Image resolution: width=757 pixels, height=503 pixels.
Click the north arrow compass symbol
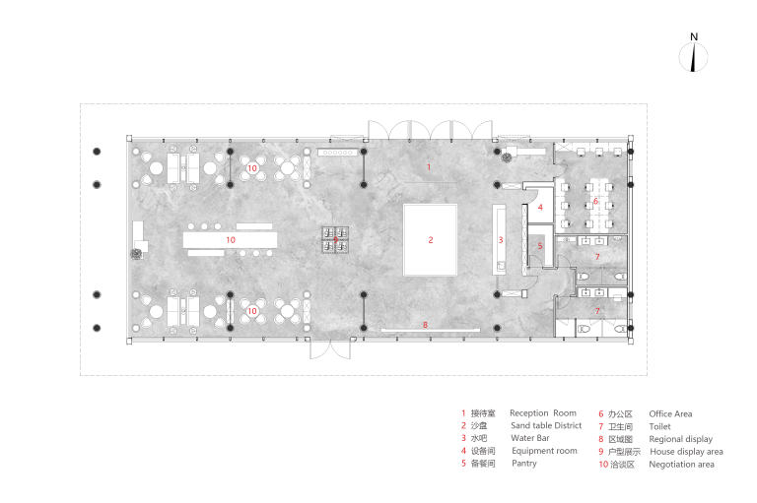(x=693, y=57)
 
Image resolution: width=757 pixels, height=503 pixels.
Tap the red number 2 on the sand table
(x=431, y=239)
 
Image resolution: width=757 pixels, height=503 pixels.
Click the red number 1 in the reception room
(x=428, y=167)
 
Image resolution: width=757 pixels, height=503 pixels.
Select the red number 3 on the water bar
(x=501, y=239)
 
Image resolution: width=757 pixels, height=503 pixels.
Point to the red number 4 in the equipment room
(x=540, y=207)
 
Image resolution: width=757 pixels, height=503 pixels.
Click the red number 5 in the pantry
(x=540, y=246)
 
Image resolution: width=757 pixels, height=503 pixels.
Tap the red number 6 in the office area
(x=595, y=201)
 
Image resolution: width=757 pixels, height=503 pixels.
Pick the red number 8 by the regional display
(x=426, y=325)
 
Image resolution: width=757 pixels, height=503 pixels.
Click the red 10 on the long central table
(x=231, y=239)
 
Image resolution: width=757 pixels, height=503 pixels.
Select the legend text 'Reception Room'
(x=543, y=413)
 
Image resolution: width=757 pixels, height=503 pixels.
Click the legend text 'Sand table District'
(x=546, y=425)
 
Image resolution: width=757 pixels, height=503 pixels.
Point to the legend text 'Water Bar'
(x=530, y=438)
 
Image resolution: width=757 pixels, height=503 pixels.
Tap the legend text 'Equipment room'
(x=544, y=451)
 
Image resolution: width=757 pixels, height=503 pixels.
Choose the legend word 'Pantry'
(x=524, y=464)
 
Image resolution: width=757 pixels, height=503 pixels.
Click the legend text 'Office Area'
(x=670, y=413)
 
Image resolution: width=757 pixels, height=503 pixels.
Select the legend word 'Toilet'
(x=660, y=426)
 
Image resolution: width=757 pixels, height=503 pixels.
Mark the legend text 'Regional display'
(x=681, y=439)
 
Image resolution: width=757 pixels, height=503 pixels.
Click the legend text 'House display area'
(x=686, y=452)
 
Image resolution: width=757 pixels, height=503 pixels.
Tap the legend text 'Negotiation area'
(x=682, y=465)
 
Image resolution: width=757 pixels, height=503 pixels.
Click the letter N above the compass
(x=694, y=36)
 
